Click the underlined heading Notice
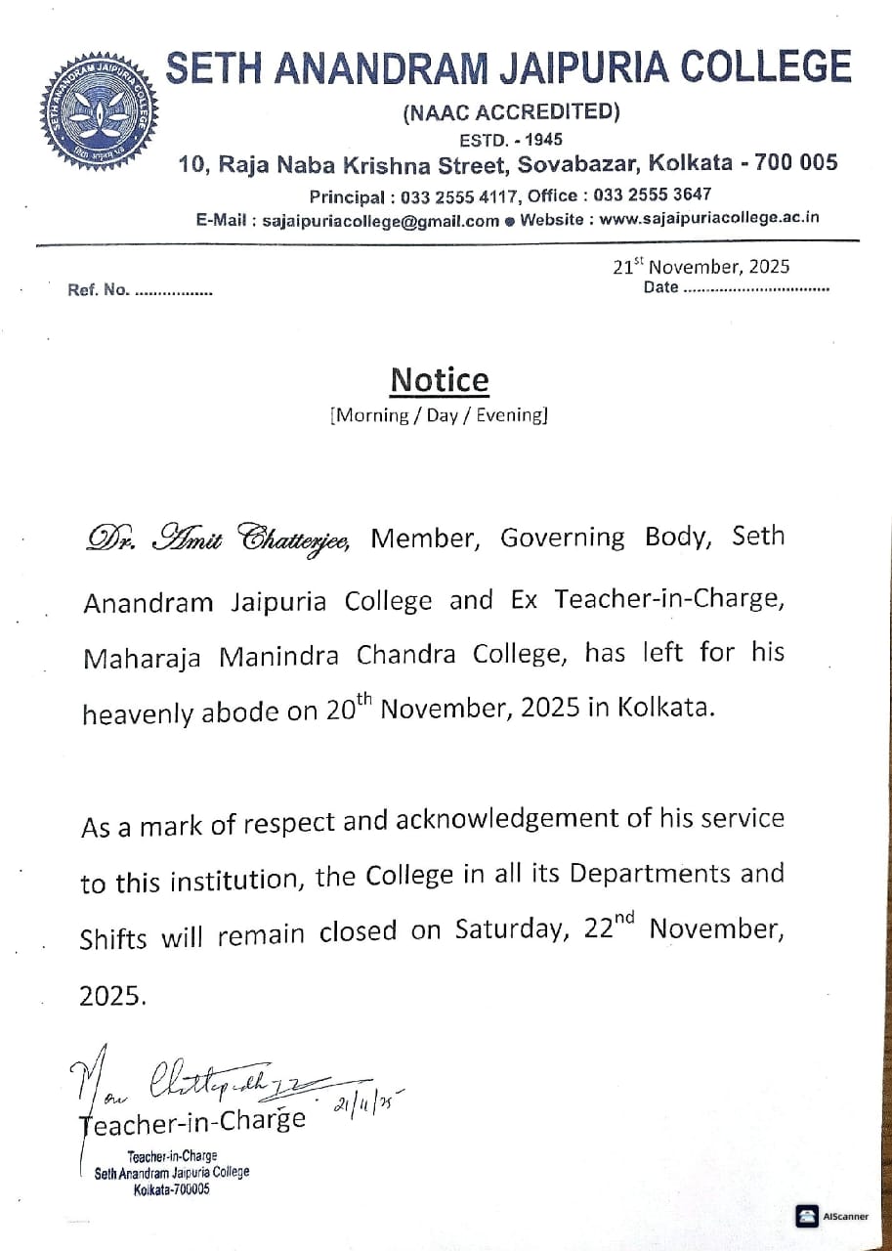tap(440, 379)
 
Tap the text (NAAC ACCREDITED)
tap(510, 112)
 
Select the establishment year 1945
tap(542, 139)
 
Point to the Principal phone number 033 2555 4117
tap(459, 194)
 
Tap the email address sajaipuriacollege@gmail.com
tap(381, 220)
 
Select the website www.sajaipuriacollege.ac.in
tap(709, 219)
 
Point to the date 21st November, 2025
tap(701, 266)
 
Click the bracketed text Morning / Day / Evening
tap(440, 414)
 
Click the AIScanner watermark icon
tap(807, 1217)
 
